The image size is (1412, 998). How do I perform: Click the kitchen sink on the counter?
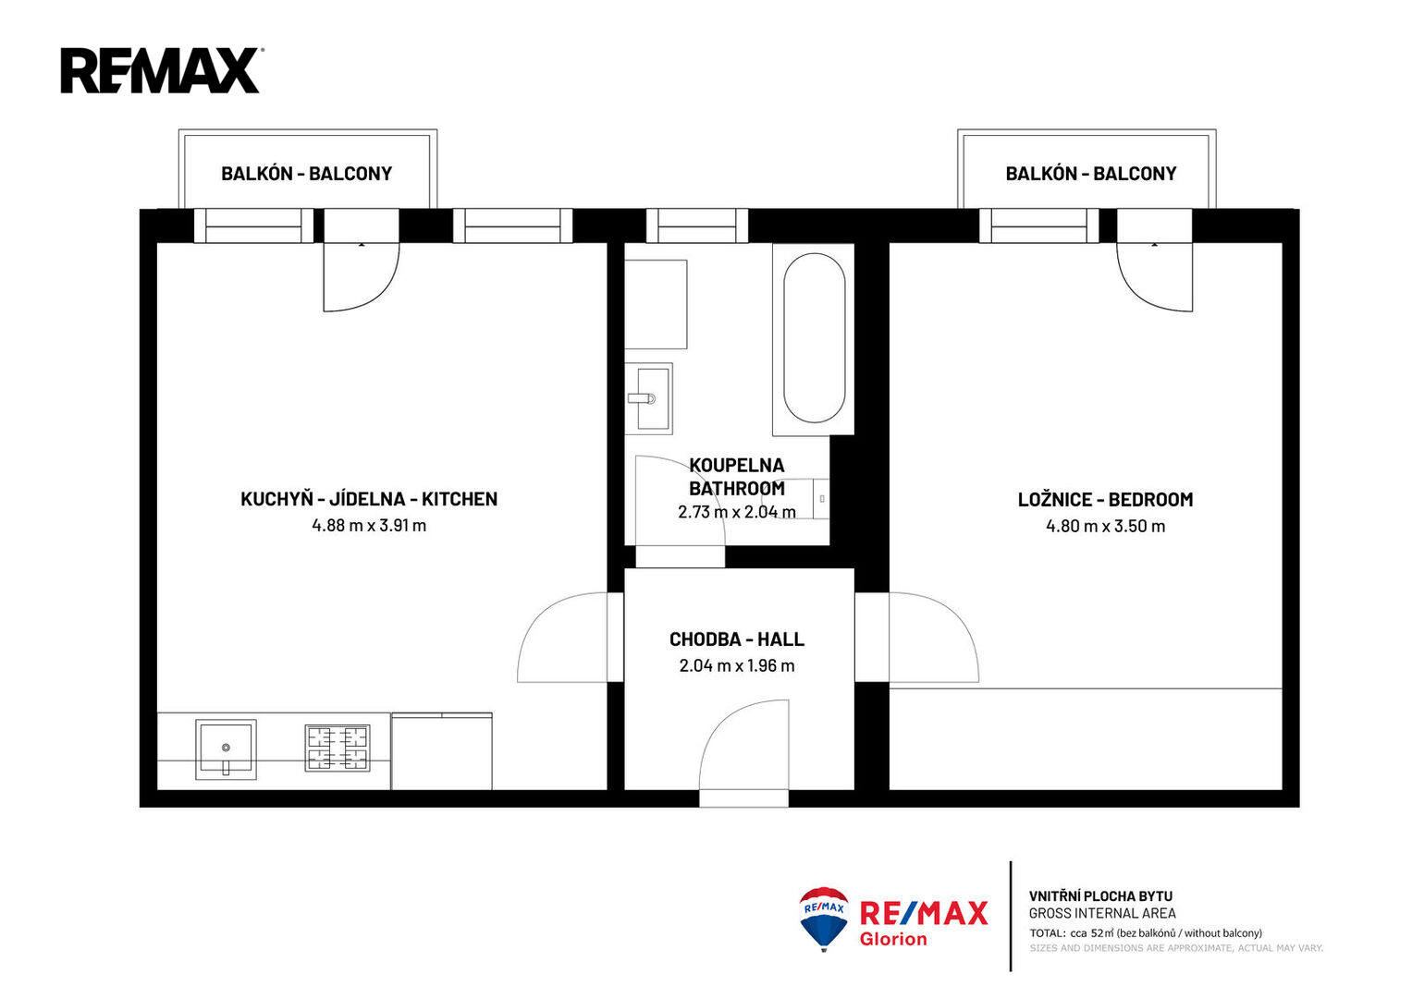pyautogui.click(x=226, y=749)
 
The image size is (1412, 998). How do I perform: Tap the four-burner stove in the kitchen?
pyautogui.click(x=338, y=748)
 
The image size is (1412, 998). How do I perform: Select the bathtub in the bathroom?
pyautogui.click(x=814, y=338)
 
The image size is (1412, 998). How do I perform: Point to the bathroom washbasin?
pyautogui.click(x=648, y=398)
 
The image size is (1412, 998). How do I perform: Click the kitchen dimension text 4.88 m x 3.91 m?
pyautogui.click(x=369, y=526)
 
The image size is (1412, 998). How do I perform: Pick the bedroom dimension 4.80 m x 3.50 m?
pyautogui.click(x=1106, y=526)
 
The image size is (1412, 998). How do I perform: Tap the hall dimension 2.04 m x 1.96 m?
pyautogui.click(x=737, y=666)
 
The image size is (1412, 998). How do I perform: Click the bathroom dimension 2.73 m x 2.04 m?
pyautogui.click(x=737, y=512)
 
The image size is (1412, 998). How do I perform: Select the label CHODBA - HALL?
pyautogui.click(x=737, y=639)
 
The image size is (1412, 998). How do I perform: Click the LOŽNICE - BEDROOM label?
pyautogui.click(x=1106, y=500)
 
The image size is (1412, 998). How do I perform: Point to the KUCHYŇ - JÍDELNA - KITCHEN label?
pyautogui.click(x=369, y=499)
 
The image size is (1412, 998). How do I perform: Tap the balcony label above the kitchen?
pyautogui.click(x=306, y=174)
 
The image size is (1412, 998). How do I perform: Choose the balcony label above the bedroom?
pyautogui.click(x=1091, y=174)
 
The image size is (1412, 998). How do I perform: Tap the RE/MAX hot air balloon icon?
pyautogui.click(x=824, y=919)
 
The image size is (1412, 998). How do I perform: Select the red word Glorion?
pyautogui.click(x=893, y=939)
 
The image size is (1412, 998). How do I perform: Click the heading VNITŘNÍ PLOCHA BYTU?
pyautogui.click(x=1100, y=896)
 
